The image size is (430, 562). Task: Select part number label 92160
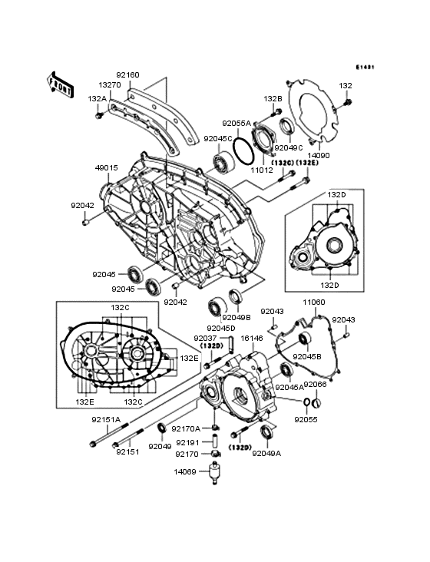point(128,75)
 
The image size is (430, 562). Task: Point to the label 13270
point(109,86)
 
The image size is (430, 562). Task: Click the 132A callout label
point(97,99)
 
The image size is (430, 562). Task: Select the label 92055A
point(237,123)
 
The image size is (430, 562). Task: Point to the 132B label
point(274,99)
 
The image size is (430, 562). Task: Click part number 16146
point(252,337)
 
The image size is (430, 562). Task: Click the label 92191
point(188,442)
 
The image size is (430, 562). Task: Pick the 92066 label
point(316,384)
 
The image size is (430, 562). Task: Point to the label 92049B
point(237,317)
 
